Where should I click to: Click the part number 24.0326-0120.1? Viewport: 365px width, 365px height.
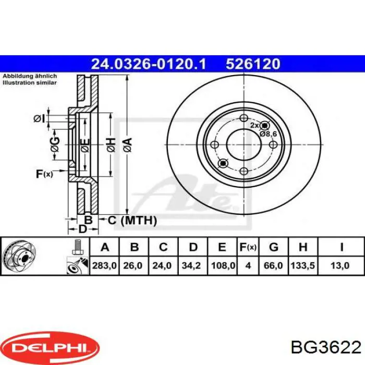point(149,64)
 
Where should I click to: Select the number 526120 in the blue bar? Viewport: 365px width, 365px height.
point(253,64)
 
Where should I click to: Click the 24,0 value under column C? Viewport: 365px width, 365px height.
point(163,265)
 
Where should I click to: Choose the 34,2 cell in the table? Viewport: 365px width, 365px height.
point(192,265)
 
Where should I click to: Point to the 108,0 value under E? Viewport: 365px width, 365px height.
point(222,265)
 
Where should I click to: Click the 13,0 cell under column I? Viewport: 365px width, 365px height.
point(340,265)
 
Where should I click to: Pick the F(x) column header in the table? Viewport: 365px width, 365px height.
point(248,247)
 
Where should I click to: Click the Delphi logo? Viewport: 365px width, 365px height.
point(50,346)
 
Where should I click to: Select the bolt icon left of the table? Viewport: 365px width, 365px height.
point(78,247)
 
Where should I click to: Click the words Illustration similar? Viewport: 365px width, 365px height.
point(29,83)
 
